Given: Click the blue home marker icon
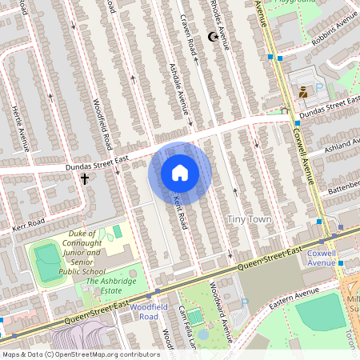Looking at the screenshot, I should (x=180, y=173).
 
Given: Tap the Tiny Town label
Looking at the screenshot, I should (x=249, y=219).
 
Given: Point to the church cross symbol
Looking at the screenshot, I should (x=84, y=179).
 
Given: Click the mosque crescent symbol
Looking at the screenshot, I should (x=213, y=37).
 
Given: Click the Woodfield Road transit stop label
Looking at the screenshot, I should (x=148, y=312).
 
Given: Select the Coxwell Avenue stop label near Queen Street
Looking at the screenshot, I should (x=321, y=258).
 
